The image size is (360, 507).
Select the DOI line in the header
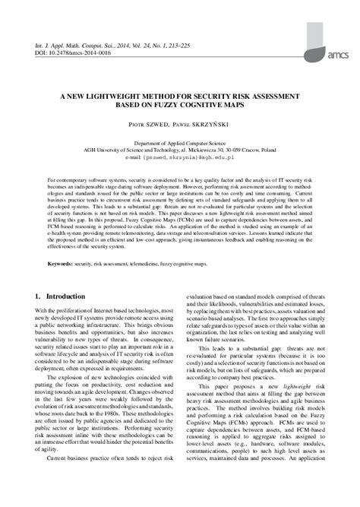[68, 54]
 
